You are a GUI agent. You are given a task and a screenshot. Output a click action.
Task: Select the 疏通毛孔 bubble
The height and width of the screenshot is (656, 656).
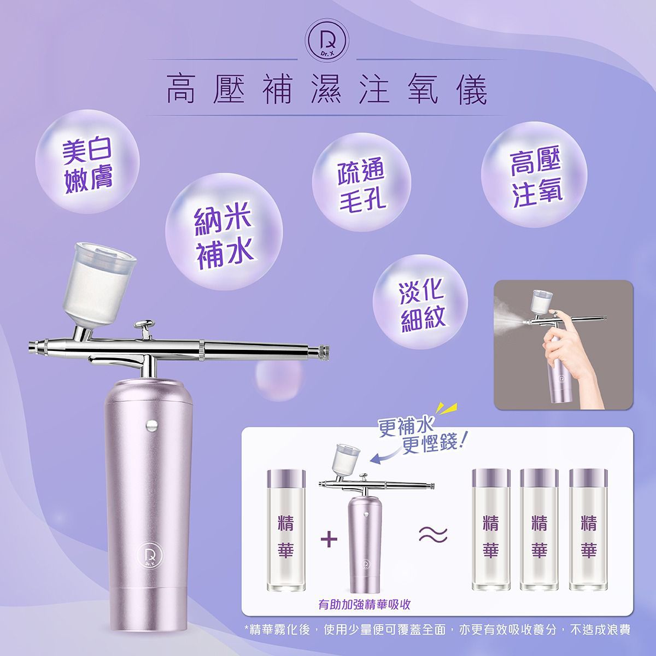click(x=361, y=185)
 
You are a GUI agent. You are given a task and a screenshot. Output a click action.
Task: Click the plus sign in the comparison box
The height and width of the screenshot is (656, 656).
click(x=328, y=540)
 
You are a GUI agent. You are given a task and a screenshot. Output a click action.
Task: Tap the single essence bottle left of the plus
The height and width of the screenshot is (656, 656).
click(x=286, y=538)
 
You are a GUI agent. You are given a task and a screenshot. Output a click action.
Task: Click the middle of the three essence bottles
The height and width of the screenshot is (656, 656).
click(x=539, y=538)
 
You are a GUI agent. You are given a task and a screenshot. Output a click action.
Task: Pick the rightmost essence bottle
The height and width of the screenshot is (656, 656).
click(x=588, y=538)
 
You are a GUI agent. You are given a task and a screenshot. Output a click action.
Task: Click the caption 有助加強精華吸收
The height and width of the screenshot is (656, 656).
click(x=365, y=605)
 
